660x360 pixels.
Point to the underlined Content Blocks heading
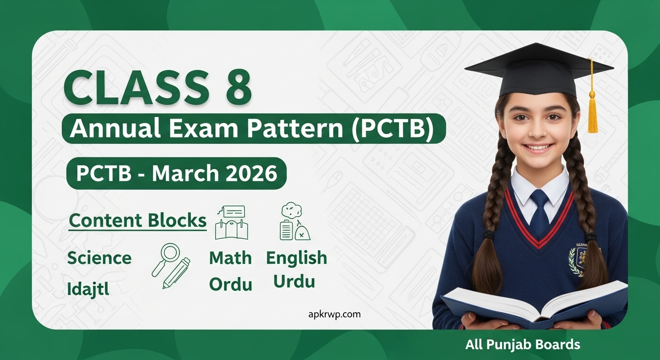pos(137,221)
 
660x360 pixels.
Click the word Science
pos(99,258)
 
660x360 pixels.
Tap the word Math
pos(230,258)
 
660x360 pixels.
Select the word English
pos(296,258)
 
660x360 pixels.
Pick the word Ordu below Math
pos(230,284)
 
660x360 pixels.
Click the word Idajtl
pos(88,289)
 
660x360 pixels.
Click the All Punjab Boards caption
pos(523,345)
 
